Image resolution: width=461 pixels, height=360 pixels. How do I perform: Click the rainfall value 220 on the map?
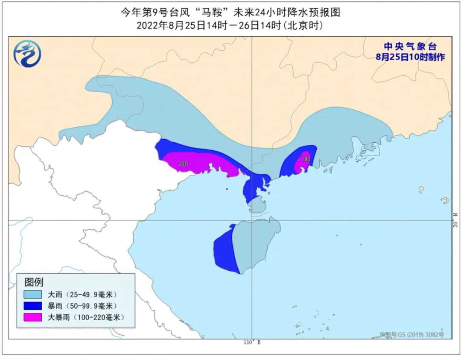coord(184,164)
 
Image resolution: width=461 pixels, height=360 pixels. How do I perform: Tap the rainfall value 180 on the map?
coord(306,159)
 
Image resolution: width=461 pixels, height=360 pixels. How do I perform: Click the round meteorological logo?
coord(27,54)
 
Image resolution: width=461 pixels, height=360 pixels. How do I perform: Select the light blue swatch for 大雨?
coord(33,295)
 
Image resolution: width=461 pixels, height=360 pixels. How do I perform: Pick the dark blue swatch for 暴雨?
coord(33,306)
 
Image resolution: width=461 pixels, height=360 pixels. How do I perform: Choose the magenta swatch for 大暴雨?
coord(33,317)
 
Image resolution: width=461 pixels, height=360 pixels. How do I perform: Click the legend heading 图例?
coord(34,282)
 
